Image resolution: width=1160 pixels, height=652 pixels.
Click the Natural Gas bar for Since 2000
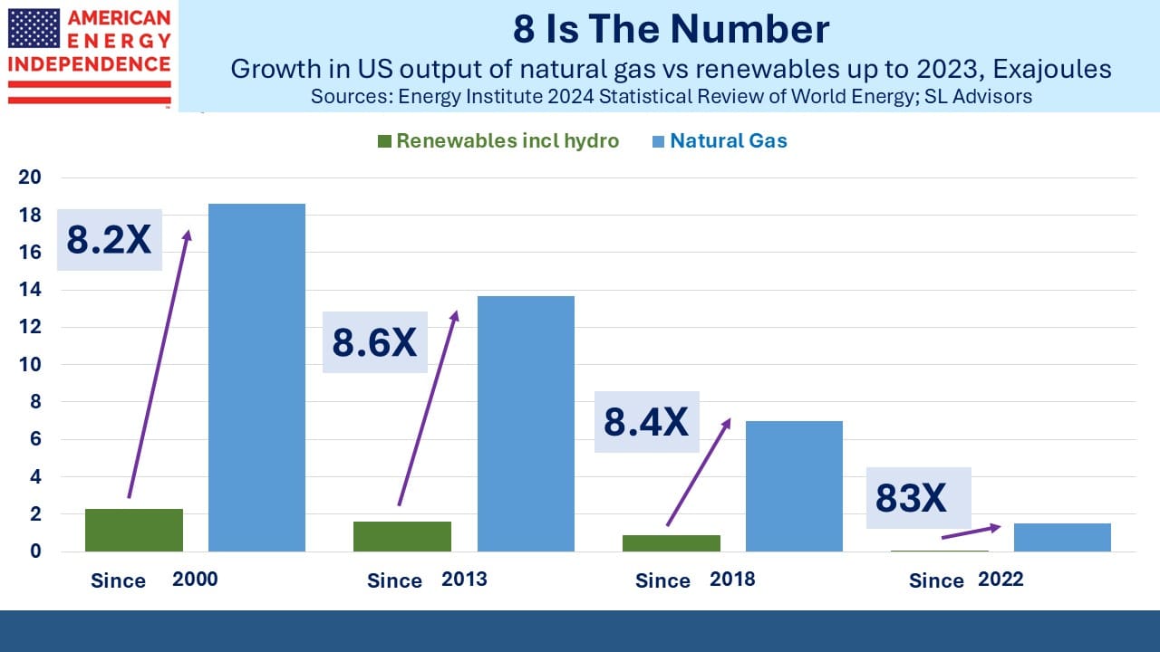click(x=256, y=378)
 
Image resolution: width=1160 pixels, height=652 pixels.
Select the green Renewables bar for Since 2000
click(x=134, y=531)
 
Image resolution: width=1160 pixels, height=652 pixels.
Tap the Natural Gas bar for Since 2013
click(x=526, y=424)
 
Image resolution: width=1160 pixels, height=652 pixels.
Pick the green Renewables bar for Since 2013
click(x=402, y=537)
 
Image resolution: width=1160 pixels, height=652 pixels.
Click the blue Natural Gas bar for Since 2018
click(x=795, y=486)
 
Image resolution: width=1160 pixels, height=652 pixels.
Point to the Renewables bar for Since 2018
click(x=672, y=543)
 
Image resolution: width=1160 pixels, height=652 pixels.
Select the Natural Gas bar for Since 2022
click(x=1063, y=538)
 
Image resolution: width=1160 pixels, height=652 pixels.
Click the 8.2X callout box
click(x=110, y=240)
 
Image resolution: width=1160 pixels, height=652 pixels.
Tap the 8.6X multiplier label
click(x=375, y=342)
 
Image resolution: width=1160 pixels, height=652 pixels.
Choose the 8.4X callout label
click(x=647, y=422)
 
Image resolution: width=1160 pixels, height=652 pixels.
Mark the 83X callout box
click(x=919, y=498)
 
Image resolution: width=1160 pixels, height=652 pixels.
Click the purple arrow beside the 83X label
click(x=971, y=532)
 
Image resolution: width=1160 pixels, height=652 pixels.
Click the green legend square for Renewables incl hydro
click(x=384, y=141)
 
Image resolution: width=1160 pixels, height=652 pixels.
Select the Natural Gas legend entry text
click(x=729, y=140)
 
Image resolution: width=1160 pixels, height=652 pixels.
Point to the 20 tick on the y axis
click(x=30, y=177)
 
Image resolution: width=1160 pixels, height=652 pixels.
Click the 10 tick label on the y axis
click(x=30, y=365)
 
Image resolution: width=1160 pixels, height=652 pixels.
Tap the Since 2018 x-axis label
click(x=695, y=580)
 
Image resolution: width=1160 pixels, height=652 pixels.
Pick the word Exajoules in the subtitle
click(x=1052, y=70)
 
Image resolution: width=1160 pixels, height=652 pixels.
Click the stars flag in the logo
click(x=34, y=28)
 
